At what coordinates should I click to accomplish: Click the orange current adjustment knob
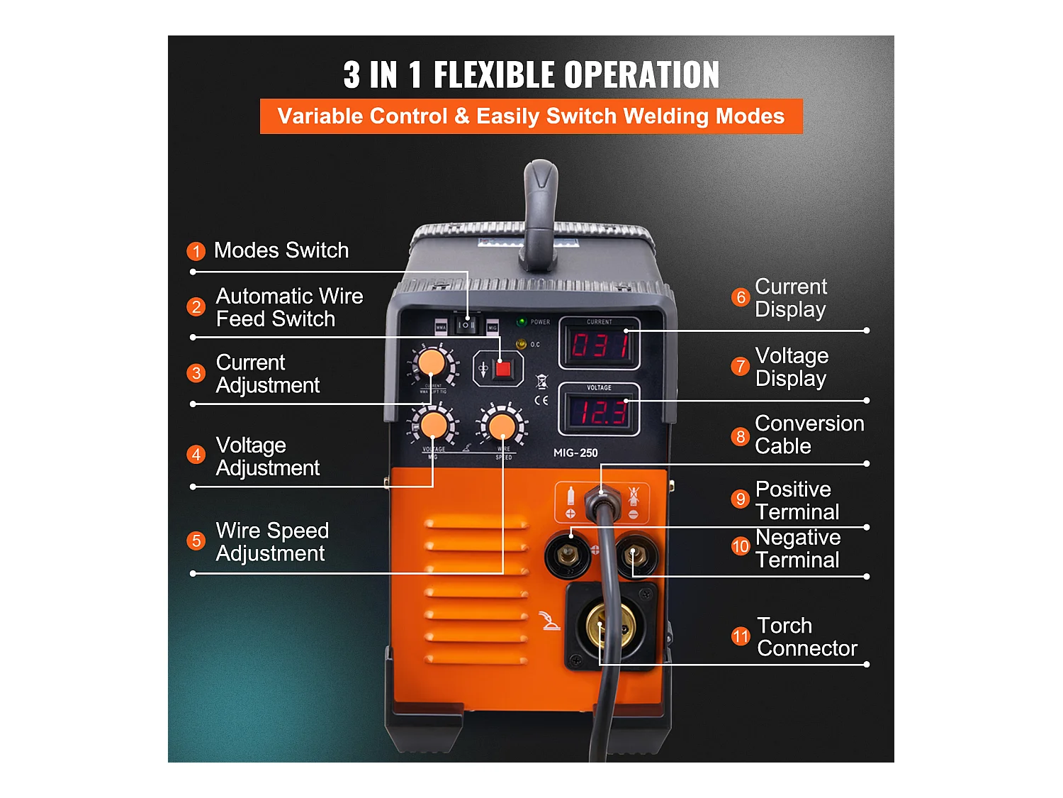(x=431, y=363)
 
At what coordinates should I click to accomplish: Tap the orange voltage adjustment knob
(x=434, y=426)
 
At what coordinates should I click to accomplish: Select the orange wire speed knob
(x=502, y=426)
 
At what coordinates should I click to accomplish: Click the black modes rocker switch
(x=466, y=325)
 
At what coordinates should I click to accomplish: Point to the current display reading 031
(x=600, y=346)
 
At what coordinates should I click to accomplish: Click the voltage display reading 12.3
(x=600, y=411)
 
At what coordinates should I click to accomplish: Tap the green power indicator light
(x=522, y=322)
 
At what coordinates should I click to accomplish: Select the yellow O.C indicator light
(x=522, y=344)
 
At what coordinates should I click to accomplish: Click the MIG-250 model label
(x=575, y=453)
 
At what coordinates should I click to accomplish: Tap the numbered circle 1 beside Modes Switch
(x=196, y=251)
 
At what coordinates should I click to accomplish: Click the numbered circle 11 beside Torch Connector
(x=741, y=636)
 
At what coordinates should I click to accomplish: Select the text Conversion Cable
(x=809, y=434)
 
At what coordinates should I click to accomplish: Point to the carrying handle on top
(x=541, y=213)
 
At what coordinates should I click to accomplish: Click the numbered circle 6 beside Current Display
(x=741, y=297)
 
